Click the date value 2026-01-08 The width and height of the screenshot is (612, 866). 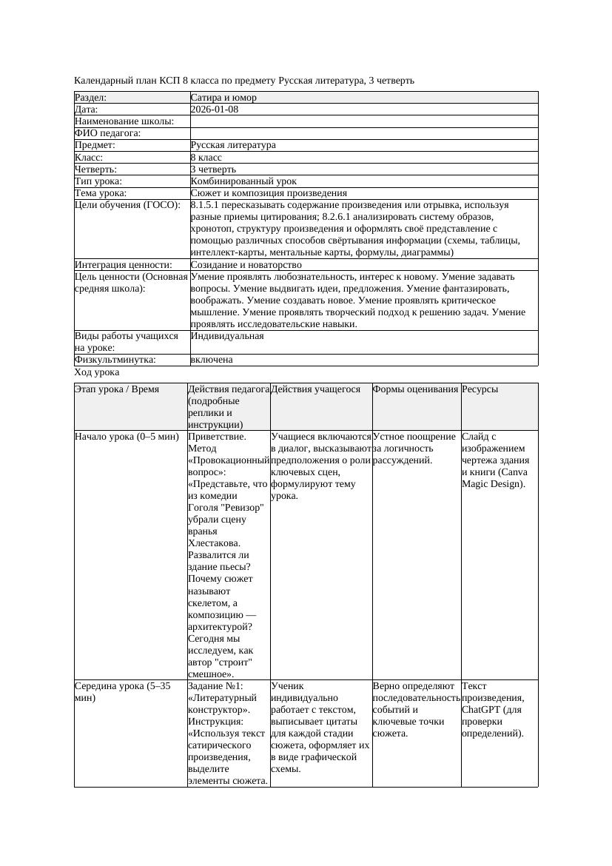tap(215, 110)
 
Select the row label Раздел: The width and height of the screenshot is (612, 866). tap(91, 98)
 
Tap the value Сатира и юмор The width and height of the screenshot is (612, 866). tap(223, 98)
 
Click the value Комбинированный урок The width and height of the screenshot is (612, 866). tap(243, 181)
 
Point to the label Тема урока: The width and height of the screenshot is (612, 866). tap(101, 193)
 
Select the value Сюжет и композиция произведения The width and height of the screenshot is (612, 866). tap(269, 193)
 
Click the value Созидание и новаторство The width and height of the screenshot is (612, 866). tap(246, 265)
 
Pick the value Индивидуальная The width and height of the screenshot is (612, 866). tap(227, 336)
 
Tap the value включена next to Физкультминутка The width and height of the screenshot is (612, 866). tap(212, 360)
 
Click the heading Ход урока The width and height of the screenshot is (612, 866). tap(97, 373)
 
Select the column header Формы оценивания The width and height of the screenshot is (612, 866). tap(415, 389)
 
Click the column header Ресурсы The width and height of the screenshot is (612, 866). tap(480, 389)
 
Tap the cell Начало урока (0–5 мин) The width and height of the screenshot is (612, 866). tap(127, 437)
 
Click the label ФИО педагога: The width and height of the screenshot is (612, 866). tap(108, 133)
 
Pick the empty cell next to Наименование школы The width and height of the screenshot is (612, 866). tap(363, 121)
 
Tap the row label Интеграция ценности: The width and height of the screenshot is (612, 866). tap(124, 265)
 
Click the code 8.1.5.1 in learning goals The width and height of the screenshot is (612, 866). tap(207, 205)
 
